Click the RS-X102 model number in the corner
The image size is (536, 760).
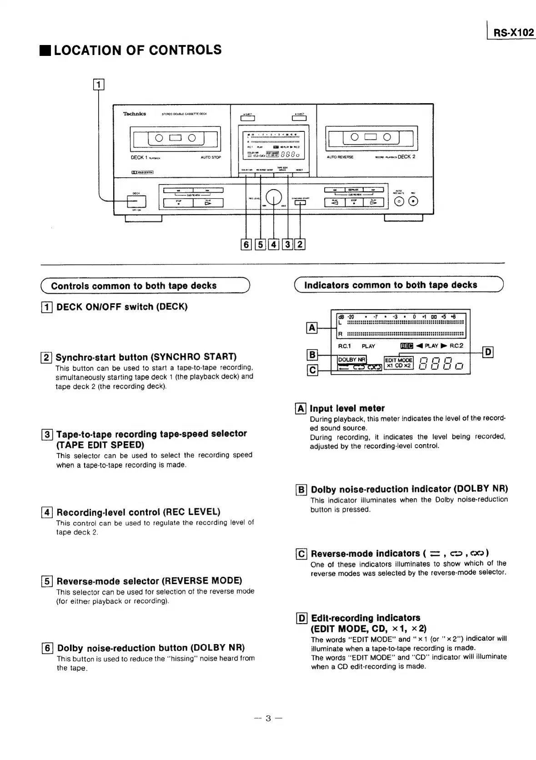[x=514, y=33]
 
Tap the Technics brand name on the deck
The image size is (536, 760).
[x=135, y=114]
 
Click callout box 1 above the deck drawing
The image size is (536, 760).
[x=99, y=84]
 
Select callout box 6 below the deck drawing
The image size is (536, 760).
[x=246, y=245]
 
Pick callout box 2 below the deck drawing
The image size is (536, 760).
[x=300, y=245]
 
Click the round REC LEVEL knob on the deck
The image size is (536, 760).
[x=274, y=196]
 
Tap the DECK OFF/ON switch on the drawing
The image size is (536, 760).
[x=136, y=201]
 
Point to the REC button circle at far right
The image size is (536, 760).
[x=413, y=202]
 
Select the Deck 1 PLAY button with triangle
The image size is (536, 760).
[x=208, y=203]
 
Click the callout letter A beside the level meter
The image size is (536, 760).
[x=312, y=327]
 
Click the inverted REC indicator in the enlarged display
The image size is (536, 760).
[x=406, y=346]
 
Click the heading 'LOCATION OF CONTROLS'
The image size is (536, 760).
[x=137, y=50]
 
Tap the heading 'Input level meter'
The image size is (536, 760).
[x=347, y=408]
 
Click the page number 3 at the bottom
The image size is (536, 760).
[x=268, y=718]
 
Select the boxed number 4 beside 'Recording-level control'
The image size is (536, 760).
[x=47, y=512]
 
